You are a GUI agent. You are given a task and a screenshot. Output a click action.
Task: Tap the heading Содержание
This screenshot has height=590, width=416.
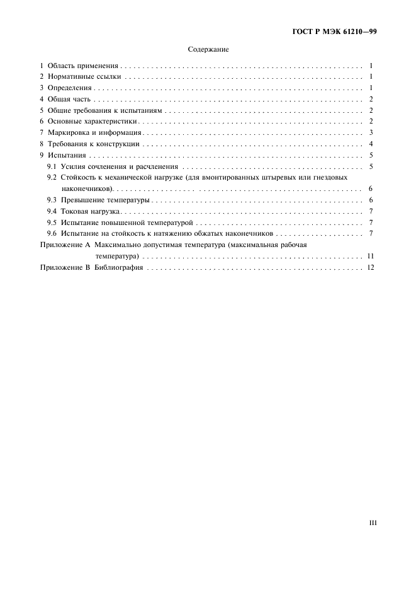click(x=208, y=49)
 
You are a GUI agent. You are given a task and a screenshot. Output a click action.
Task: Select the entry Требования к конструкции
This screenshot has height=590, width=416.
click(x=93, y=144)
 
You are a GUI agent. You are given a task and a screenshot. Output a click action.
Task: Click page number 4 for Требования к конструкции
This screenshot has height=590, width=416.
click(x=372, y=144)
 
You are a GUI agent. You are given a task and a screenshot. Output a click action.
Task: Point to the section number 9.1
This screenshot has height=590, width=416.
click(x=52, y=167)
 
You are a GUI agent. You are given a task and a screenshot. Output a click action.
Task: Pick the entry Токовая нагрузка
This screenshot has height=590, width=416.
click(x=92, y=211)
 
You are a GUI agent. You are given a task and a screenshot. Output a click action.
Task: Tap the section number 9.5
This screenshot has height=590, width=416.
click(x=52, y=223)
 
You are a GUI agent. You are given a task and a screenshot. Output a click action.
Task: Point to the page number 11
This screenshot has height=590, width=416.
click(x=371, y=257)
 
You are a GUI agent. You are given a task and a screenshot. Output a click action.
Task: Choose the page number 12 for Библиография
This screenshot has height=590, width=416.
click(x=370, y=268)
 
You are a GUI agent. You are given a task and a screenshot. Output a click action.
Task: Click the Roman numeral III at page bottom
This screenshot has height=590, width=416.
click(x=371, y=523)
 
